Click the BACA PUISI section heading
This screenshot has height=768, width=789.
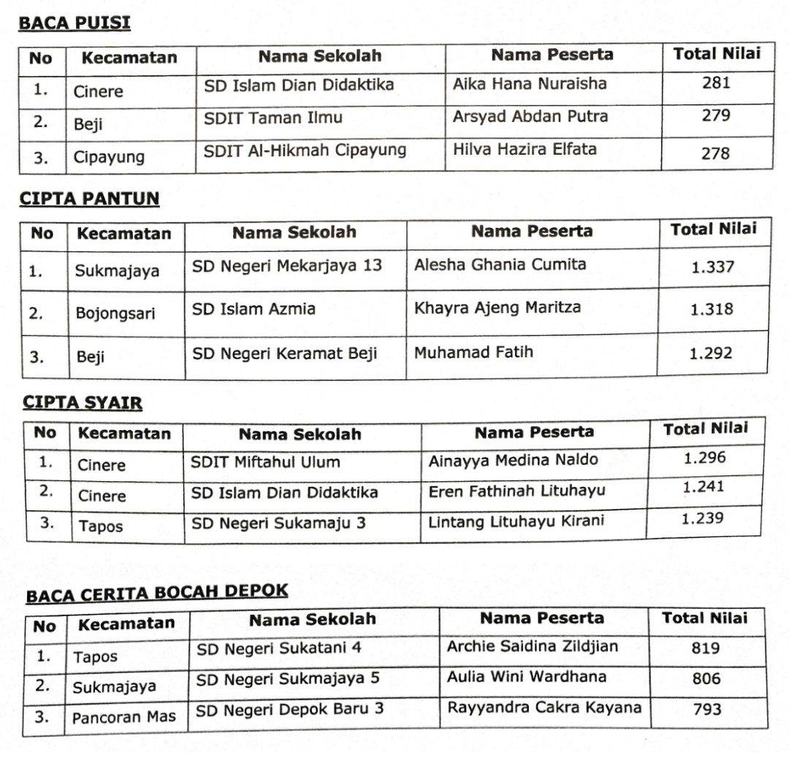[74, 23]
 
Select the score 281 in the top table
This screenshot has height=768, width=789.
[715, 82]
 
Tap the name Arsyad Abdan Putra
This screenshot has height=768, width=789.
[530, 116]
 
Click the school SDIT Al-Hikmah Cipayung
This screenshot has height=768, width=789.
[305, 150]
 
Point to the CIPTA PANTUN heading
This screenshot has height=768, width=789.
[89, 199]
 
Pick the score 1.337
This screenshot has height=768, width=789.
[712, 267]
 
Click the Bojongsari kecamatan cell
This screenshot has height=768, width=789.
[115, 314]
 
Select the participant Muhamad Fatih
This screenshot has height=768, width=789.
[473, 353]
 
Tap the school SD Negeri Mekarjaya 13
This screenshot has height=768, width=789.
[287, 266]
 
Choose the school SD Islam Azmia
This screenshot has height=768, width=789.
[254, 309]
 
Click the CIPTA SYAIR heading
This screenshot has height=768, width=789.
[83, 402]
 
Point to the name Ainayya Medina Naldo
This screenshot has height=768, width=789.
[513, 461]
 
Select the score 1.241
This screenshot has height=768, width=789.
[704, 487]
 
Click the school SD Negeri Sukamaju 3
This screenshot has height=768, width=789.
[278, 523]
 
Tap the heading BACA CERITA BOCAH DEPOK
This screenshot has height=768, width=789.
[157, 593]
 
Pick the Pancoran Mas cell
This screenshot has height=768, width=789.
[123, 717]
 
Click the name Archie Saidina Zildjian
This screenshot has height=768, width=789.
[533, 647]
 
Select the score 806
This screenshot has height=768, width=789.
[706, 679]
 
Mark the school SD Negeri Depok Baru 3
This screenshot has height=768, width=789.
[289, 710]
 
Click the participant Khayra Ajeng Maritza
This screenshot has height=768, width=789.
[498, 307]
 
